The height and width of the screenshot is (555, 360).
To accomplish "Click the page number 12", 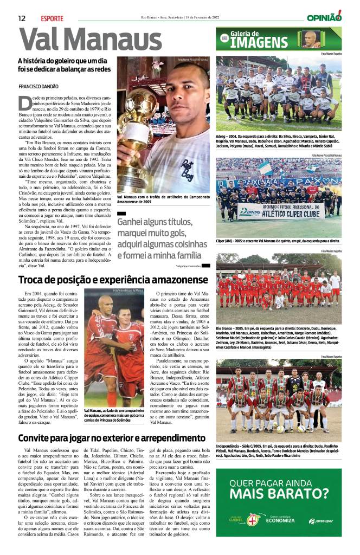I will coord(22,18).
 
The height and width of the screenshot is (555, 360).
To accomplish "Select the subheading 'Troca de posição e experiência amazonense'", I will coord(113,280).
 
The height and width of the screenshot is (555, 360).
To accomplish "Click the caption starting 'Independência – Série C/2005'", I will coord(279,450).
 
